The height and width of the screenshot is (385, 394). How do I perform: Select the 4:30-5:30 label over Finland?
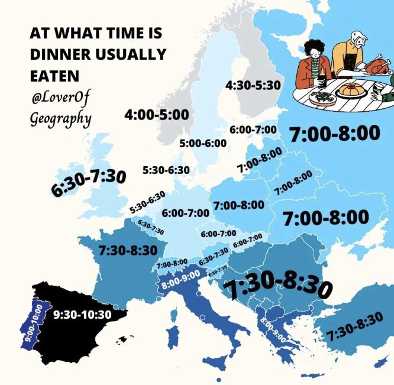[x=253, y=86]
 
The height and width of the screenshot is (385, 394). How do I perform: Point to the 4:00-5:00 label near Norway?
[x=156, y=115]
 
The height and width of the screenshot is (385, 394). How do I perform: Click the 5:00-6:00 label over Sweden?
[x=203, y=143]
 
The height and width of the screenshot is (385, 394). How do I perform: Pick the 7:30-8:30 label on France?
[x=128, y=250]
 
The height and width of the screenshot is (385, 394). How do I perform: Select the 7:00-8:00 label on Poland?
[x=238, y=205]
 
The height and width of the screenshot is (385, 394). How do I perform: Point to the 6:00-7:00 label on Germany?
[x=185, y=213]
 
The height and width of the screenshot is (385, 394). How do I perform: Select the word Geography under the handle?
[x=60, y=118]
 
